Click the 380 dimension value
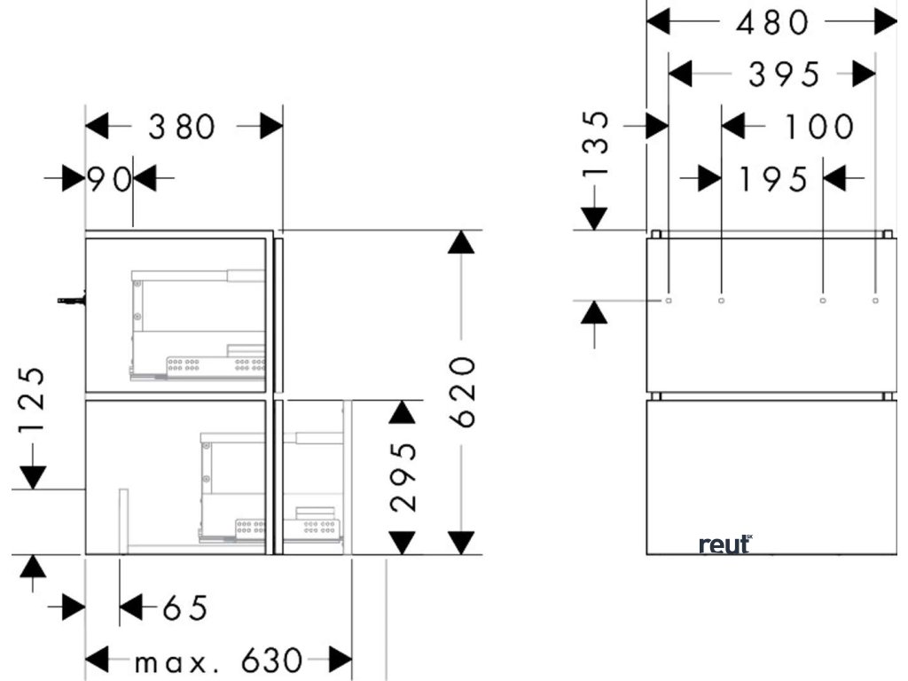(182, 128)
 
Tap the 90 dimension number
(108, 180)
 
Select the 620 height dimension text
(468, 391)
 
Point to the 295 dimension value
(403, 477)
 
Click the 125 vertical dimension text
(32, 401)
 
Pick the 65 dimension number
(184, 608)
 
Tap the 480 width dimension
(773, 23)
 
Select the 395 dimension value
(785, 75)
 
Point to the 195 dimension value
(773, 180)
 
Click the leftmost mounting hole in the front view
(669, 301)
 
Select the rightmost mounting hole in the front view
(875, 301)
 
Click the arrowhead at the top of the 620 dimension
(460, 241)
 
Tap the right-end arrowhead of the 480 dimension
(885, 23)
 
